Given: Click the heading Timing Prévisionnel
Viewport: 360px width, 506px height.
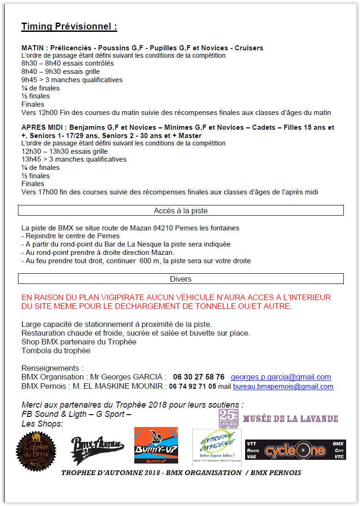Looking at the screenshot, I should [69, 27].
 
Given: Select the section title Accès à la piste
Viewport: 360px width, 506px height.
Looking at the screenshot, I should [180, 211].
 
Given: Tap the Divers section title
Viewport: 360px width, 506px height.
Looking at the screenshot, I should [180, 279].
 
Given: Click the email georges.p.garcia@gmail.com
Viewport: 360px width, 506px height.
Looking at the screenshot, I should [281, 377].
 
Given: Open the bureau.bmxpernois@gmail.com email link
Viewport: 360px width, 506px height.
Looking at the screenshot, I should [283, 386].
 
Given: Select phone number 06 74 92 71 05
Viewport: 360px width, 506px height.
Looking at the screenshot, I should [192, 386].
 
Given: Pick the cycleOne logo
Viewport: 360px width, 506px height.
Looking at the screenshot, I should [295, 450].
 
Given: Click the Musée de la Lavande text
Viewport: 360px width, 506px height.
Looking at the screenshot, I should [290, 419].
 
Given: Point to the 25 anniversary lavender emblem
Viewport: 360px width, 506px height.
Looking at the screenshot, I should [228, 418].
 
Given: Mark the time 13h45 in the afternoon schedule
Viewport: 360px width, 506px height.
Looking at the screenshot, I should [31, 159].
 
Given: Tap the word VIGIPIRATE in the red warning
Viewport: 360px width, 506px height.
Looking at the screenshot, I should [125, 298].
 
